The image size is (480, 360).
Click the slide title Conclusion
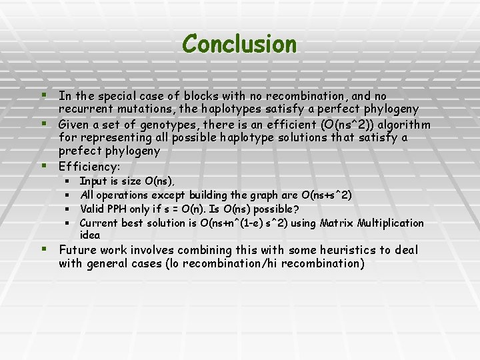[x=239, y=44]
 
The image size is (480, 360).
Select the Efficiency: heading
[x=89, y=166]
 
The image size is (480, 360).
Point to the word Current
[x=98, y=223]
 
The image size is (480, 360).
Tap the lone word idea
[x=90, y=235]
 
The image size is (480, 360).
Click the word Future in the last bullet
[x=77, y=251]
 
